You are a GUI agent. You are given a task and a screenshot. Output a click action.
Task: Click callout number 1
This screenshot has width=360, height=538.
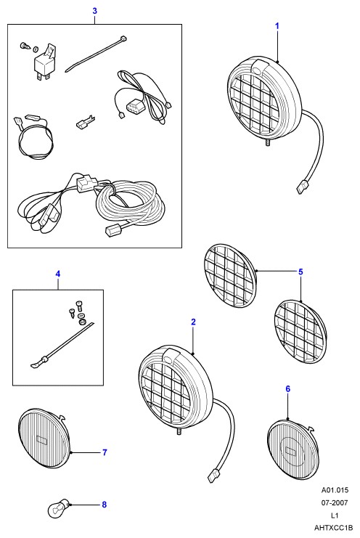pyautogui.click(x=277, y=26)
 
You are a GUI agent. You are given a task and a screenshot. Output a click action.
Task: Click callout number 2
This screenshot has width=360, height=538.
pyautogui.click(x=193, y=322)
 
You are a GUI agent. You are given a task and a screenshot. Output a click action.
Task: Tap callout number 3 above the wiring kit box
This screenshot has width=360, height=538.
pyautogui.click(x=94, y=11)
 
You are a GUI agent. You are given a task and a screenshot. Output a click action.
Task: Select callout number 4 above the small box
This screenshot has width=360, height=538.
pyautogui.click(x=58, y=274)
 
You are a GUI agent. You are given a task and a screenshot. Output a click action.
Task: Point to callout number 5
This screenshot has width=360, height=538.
pyautogui.click(x=300, y=272)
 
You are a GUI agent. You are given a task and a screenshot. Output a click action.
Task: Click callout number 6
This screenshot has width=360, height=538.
pyautogui.click(x=287, y=388)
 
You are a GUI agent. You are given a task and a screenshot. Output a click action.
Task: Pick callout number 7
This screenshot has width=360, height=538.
pyautogui.click(x=105, y=452)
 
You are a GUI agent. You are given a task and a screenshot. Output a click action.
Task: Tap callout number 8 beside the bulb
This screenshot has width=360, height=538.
pyautogui.click(x=105, y=505)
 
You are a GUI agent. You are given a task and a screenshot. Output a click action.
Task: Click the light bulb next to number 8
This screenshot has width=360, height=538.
pyautogui.click(x=59, y=508)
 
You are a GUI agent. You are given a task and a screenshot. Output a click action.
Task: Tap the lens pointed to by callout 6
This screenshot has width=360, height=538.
pyautogui.click(x=292, y=449)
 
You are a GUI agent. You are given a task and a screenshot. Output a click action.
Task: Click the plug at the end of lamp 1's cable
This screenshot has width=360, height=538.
pyautogui.click(x=302, y=188)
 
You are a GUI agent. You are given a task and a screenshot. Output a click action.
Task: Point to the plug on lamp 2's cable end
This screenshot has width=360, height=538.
pyautogui.click(x=214, y=476)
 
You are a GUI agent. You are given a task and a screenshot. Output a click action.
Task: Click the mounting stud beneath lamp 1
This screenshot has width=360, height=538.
pyautogui.click(x=267, y=143)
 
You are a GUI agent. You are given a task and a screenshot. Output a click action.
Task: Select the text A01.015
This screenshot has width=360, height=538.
pyautogui.click(x=335, y=489)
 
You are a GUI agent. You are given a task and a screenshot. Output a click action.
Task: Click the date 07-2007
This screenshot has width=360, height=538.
pyautogui.click(x=335, y=502)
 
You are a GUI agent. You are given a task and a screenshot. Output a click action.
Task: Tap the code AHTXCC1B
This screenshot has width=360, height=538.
pyautogui.click(x=334, y=528)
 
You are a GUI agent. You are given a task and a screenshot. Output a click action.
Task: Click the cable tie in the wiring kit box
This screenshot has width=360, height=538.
pyautogui.click(x=96, y=53)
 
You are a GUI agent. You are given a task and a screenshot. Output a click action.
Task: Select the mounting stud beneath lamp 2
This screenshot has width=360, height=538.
pyautogui.click(x=179, y=431)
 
